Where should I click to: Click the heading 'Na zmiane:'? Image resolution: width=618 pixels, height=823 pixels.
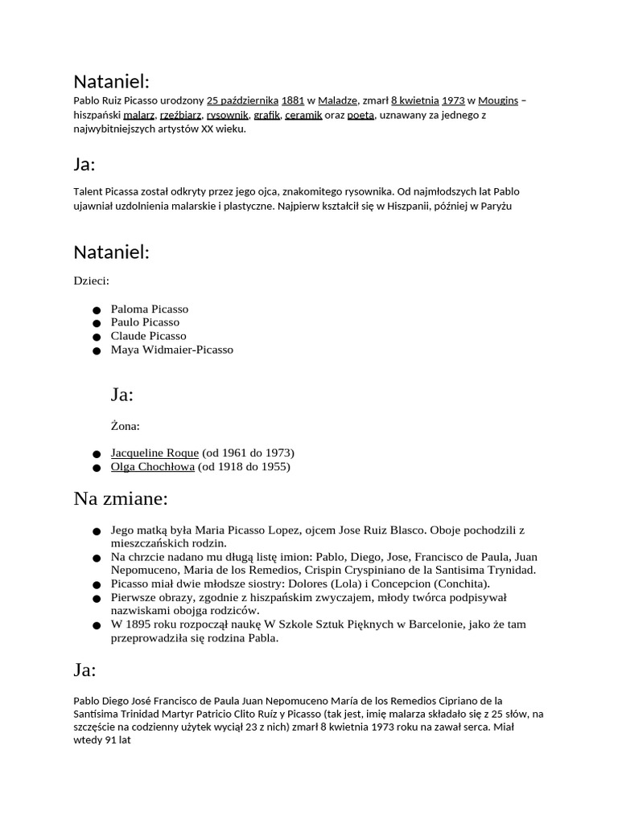point(121,499)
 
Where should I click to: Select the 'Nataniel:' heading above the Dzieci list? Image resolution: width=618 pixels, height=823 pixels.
point(112,252)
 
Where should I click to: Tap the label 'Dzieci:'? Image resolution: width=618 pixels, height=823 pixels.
point(91,281)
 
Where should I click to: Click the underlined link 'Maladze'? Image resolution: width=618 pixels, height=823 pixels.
point(337,100)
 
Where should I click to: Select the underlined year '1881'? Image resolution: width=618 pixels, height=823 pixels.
point(293,100)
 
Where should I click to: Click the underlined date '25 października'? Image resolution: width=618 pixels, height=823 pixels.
point(242,100)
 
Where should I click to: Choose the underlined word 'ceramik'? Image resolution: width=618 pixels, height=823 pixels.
point(303,115)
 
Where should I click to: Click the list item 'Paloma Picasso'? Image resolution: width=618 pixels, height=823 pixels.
point(150,309)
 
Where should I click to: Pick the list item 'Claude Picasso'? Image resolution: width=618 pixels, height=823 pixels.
point(148,336)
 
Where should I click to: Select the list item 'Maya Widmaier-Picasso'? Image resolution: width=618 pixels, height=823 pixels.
point(172,350)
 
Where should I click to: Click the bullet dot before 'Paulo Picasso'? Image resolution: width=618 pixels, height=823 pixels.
point(96,323)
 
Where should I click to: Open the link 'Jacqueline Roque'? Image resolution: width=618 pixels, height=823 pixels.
point(154,452)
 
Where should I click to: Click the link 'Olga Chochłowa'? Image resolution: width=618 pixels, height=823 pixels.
point(152,466)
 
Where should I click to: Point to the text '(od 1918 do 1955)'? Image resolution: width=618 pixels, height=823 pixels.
point(244,466)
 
